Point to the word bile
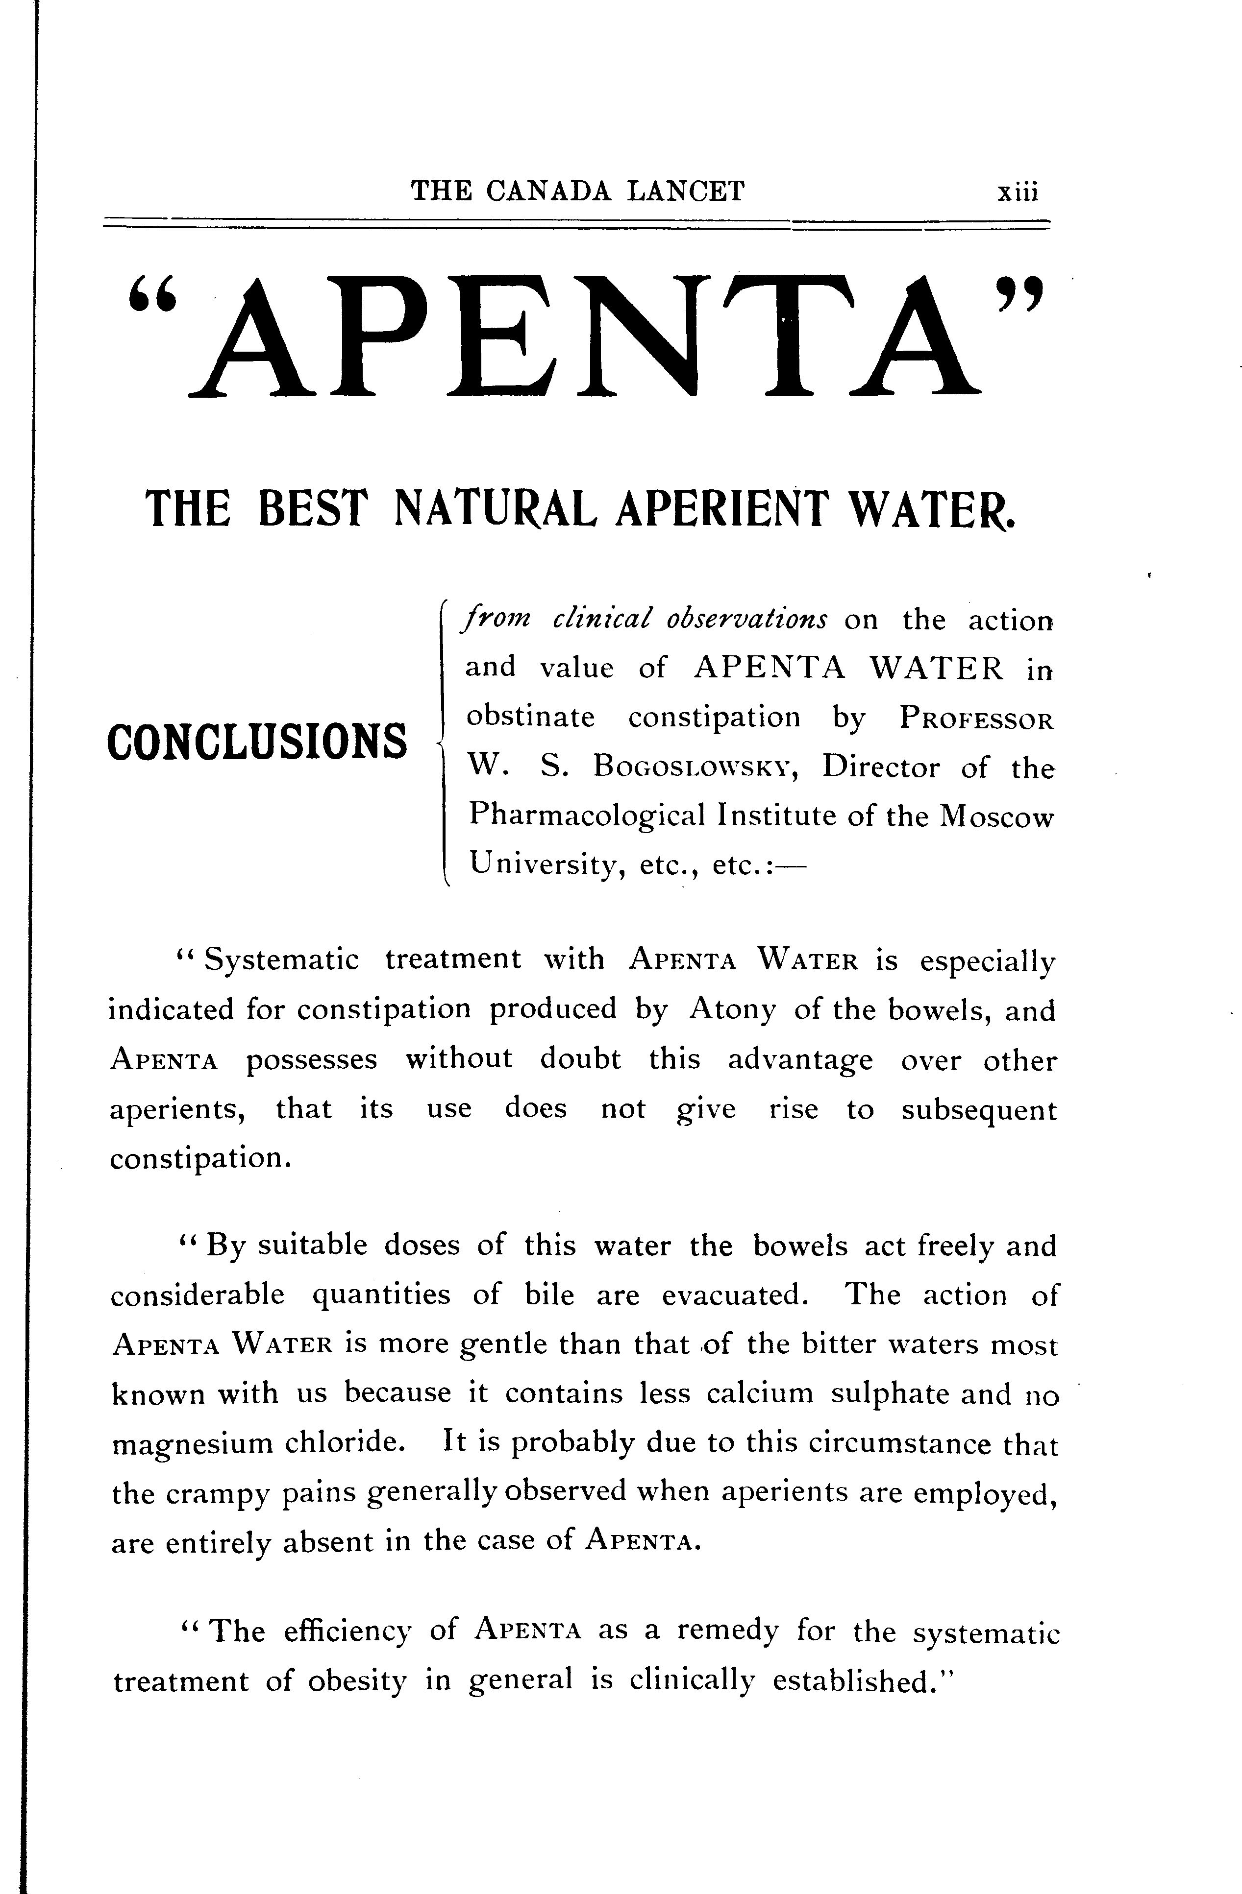(549, 1295)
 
